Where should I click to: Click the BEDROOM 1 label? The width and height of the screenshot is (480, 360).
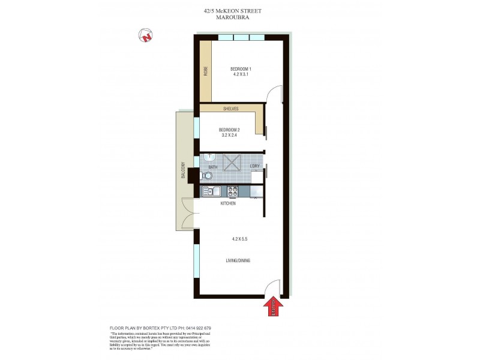coord(241,69)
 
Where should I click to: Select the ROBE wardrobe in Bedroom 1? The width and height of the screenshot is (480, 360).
coord(206,71)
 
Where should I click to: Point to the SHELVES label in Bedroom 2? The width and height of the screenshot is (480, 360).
coord(231,109)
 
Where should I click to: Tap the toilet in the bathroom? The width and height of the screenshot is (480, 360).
coord(207,176)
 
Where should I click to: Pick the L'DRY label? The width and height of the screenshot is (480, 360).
coord(254,166)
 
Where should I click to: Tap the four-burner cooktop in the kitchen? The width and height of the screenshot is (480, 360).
coord(232,191)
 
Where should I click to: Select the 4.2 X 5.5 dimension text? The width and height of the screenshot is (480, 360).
coord(240,239)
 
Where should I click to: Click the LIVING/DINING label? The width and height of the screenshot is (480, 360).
coord(238,260)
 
